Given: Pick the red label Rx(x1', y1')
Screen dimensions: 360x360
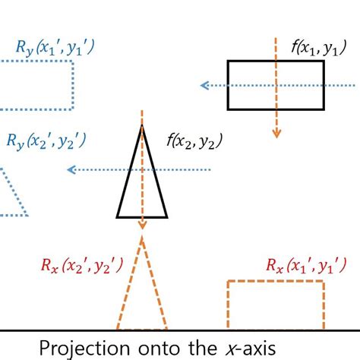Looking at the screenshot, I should (x=306, y=266).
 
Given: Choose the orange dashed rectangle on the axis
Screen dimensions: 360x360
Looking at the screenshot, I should (x=276, y=305).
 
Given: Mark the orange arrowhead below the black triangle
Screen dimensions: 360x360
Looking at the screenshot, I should (x=142, y=225).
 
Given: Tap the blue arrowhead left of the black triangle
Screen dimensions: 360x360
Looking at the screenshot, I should (x=71, y=169).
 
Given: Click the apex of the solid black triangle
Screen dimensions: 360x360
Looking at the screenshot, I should (x=142, y=125).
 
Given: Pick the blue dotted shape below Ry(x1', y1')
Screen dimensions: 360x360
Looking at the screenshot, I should (x=38, y=84).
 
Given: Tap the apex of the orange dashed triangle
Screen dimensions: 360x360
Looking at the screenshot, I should (x=142, y=239).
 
